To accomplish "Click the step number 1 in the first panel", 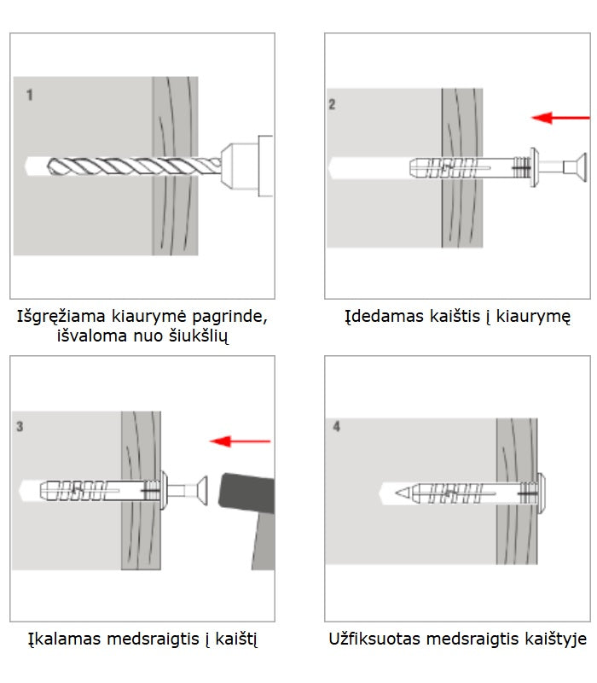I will (x=30, y=95).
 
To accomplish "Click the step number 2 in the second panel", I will (x=333, y=104).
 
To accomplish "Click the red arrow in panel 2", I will (x=559, y=117).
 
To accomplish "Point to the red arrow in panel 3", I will (x=241, y=441).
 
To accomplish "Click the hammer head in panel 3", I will (x=247, y=500).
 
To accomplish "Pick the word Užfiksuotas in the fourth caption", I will (x=374, y=639).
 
